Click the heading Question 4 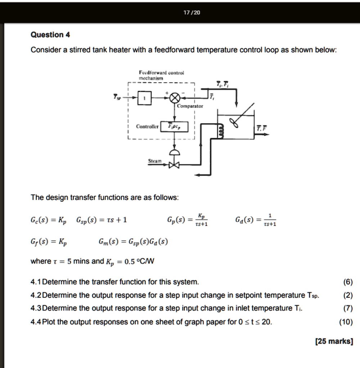pos(50,35)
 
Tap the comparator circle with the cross pos(175,98)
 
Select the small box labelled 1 pos(144,98)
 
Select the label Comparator pos(190,106)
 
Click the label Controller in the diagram pos(146,127)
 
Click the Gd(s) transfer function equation pos(256,219)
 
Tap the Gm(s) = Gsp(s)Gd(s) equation pos(133,241)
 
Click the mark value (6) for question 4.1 pos(348,282)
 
